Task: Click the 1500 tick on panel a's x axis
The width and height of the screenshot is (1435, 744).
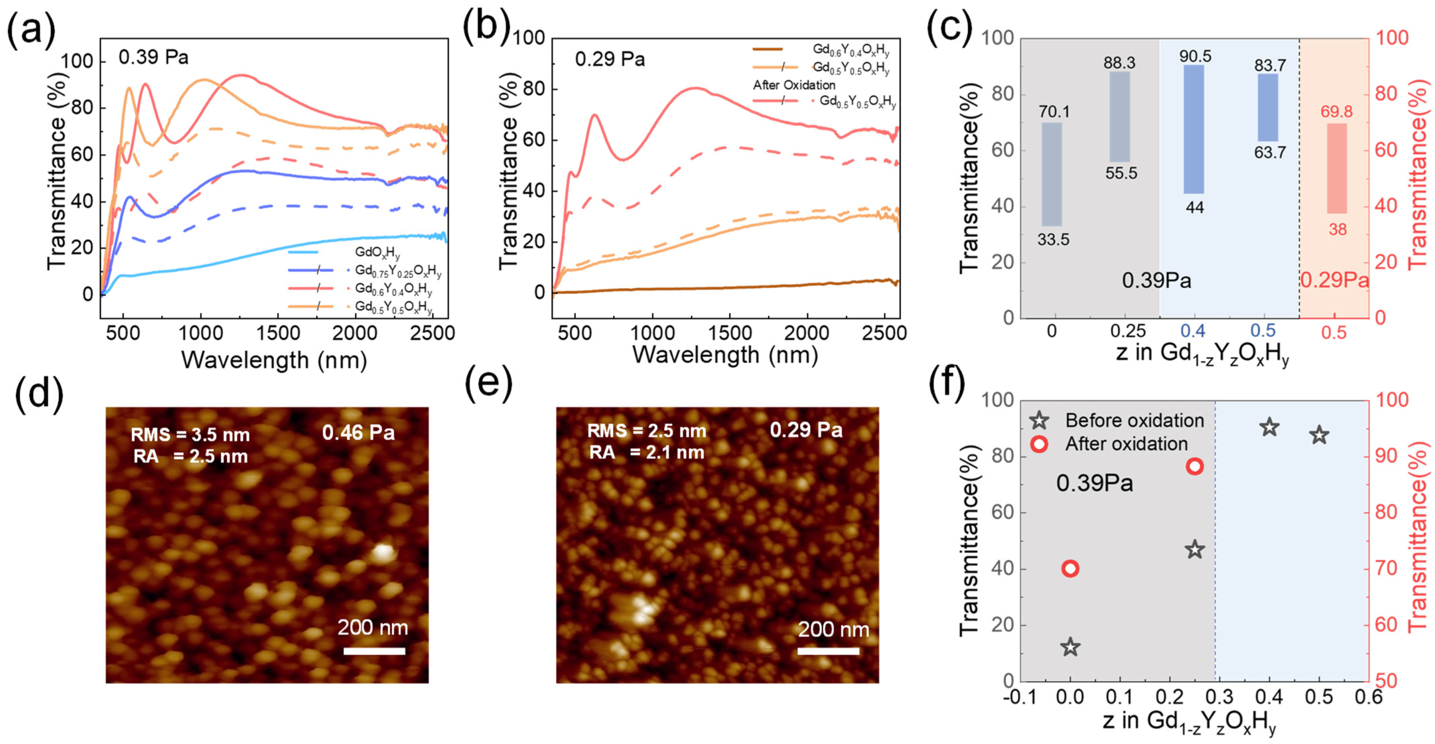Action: (x=277, y=333)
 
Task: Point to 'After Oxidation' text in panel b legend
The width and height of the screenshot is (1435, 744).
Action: (x=794, y=85)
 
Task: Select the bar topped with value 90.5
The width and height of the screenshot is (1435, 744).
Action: (x=1194, y=129)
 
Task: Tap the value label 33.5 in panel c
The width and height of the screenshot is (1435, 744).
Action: (x=1053, y=240)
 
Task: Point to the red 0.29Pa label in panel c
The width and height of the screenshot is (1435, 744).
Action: (x=1334, y=280)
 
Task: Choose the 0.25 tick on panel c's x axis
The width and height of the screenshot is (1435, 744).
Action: (x=1128, y=331)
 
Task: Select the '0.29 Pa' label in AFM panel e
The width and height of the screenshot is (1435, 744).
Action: (x=806, y=430)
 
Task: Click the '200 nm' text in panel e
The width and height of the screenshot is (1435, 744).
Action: (x=833, y=629)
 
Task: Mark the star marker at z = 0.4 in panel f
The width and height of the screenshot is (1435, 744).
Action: (x=1269, y=427)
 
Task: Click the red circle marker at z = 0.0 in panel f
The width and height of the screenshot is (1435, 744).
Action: (x=1070, y=568)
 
